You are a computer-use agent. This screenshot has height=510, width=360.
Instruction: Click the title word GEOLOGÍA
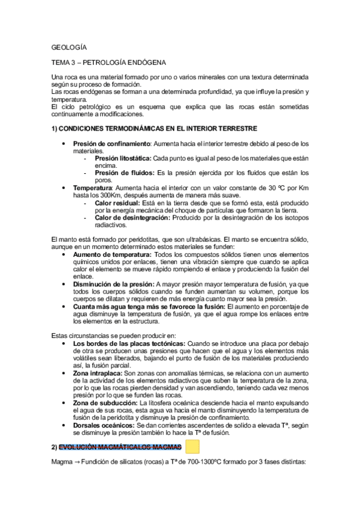[x=69, y=47]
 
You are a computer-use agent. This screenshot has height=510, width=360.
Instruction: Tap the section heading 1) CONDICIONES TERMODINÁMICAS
[x=154, y=129]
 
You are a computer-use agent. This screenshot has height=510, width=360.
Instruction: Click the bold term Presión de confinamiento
[x=111, y=144]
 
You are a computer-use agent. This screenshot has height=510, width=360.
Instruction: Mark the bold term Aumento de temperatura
[x=112, y=255]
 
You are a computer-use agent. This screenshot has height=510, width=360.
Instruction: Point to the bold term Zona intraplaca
[x=98, y=373]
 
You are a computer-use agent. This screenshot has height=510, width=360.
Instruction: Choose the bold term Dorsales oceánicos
[x=104, y=425]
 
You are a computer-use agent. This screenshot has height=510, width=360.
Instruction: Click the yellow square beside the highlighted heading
[x=192, y=447]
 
